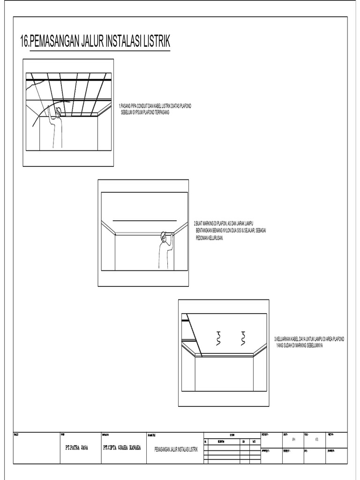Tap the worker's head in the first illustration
(x=59, y=112)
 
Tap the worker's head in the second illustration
(x=164, y=236)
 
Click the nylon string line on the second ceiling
(x=145, y=219)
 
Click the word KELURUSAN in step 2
(x=216, y=238)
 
